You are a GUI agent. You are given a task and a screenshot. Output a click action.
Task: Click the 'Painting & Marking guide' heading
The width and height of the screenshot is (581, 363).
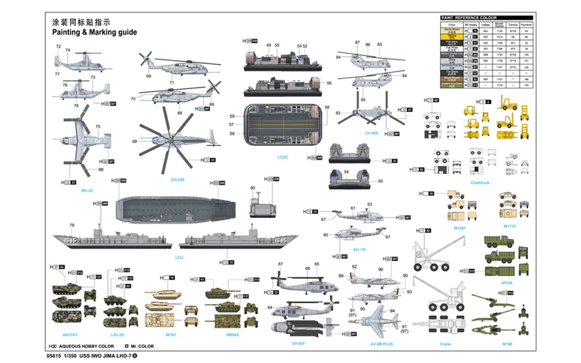pyautogui.click(x=94, y=32)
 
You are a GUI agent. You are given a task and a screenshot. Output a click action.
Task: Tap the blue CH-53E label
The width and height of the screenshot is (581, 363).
pyautogui.click(x=178, y=180)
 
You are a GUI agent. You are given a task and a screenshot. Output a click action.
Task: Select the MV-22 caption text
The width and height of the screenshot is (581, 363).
pyautogui.click(x=87, y=190)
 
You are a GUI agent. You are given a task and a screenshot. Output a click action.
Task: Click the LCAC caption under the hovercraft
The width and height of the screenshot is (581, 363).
pyautogui.click(x=283, y=157)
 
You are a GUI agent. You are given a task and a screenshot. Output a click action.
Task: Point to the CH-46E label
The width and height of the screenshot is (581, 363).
pyautogui.click(x=372, y=133)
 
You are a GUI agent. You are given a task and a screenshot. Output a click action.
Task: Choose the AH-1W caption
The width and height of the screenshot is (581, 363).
pyautogui.click(x=359, y=250)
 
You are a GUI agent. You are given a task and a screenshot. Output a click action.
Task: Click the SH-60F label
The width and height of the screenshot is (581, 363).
pyautogui.click(x=299, y=344)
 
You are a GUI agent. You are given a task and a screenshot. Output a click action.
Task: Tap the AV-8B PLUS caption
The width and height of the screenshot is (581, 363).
pyautogui.click(x=382, y=344)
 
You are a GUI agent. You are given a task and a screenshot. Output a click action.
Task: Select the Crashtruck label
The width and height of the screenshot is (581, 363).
pyautogui.click(x=480, y=183)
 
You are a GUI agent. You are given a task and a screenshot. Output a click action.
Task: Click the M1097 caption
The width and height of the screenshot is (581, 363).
pyautogui.click(x=460, y=228)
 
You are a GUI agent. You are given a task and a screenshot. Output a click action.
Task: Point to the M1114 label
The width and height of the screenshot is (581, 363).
pyautogui.click(x=510, y=226)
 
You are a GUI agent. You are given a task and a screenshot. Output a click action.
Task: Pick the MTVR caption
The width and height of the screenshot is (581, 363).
pyautogui.click(x=507, y=283)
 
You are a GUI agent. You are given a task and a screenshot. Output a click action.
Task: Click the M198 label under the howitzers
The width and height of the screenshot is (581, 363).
pyautogui.click(x=507, y=344)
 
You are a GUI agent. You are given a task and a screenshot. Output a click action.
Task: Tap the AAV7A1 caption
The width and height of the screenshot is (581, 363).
pyautogui.click(x=70, y=335)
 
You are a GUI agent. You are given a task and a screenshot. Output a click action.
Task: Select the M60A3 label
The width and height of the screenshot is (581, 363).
pyautogui.click(x=232, y=335)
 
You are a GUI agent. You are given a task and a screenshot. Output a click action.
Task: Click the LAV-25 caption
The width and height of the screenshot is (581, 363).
pyautogui.click(x=117, y=335)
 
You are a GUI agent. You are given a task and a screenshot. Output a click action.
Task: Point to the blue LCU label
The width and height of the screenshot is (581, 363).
pyautogui.click(x=179, y=257)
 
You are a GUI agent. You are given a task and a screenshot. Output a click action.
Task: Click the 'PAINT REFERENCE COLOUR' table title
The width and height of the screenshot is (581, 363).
pyautogui.click(x=469, y=18)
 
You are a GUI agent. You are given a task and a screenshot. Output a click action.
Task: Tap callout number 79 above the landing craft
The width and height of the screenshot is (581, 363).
pyautogui.click(x=72, y=225)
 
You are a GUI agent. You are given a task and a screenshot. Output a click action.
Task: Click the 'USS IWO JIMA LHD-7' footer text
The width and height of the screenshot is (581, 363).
pyautogui.click(x=105, y=356)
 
